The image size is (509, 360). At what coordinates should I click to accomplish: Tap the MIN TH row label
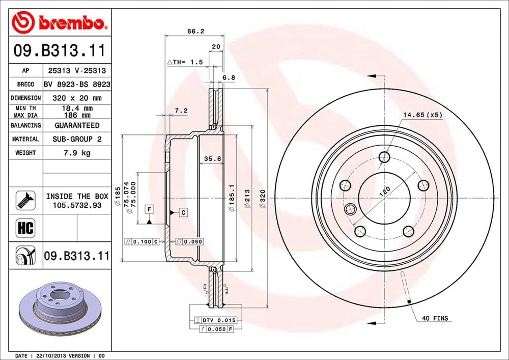click(x=25, y=108)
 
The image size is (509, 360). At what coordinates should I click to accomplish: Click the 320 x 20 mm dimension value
click(x=77, y=98)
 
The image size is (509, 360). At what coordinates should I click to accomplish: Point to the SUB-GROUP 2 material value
click(x=77, y=139)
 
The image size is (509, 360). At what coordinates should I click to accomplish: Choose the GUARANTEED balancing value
click(x=77, y=125)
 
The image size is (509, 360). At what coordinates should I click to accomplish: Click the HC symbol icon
click(x=25, y=228)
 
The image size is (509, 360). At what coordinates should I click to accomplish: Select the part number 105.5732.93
click(x=77, y=205)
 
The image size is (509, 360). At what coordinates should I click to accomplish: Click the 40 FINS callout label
click(x=435, y=318)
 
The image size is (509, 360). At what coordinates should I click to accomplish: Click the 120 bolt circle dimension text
click(x=385, y=192)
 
